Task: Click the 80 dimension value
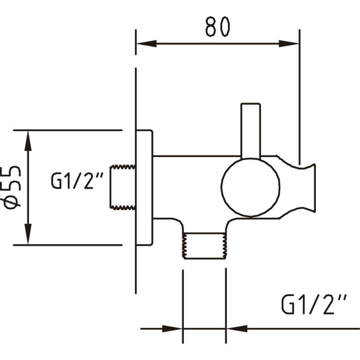[x=218, y=27]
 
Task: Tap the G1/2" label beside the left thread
[x=77, y=181]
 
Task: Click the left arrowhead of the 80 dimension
[x=146, y=44]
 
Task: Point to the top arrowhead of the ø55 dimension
[x=28, y=140]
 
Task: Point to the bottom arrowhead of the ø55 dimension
[x=28, y=234]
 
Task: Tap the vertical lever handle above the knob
[x=251, y=130]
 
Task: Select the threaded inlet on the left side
[x=123, y=187]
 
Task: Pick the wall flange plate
[x=144, y=187]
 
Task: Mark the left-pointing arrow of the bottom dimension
[x=236, y=328]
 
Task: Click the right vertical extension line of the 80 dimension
[x=299, y=90]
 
